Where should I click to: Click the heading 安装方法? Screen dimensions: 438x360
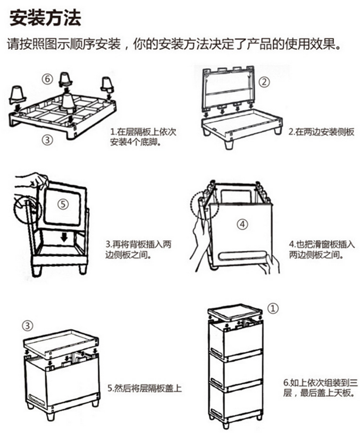tap(45, 18)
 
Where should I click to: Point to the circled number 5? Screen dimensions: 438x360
tap(63, 204)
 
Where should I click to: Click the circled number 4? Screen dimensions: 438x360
tap(242, 224)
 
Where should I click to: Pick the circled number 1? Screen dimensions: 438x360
tap(272, 308)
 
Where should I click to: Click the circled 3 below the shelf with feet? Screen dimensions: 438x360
tap(47, 140)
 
